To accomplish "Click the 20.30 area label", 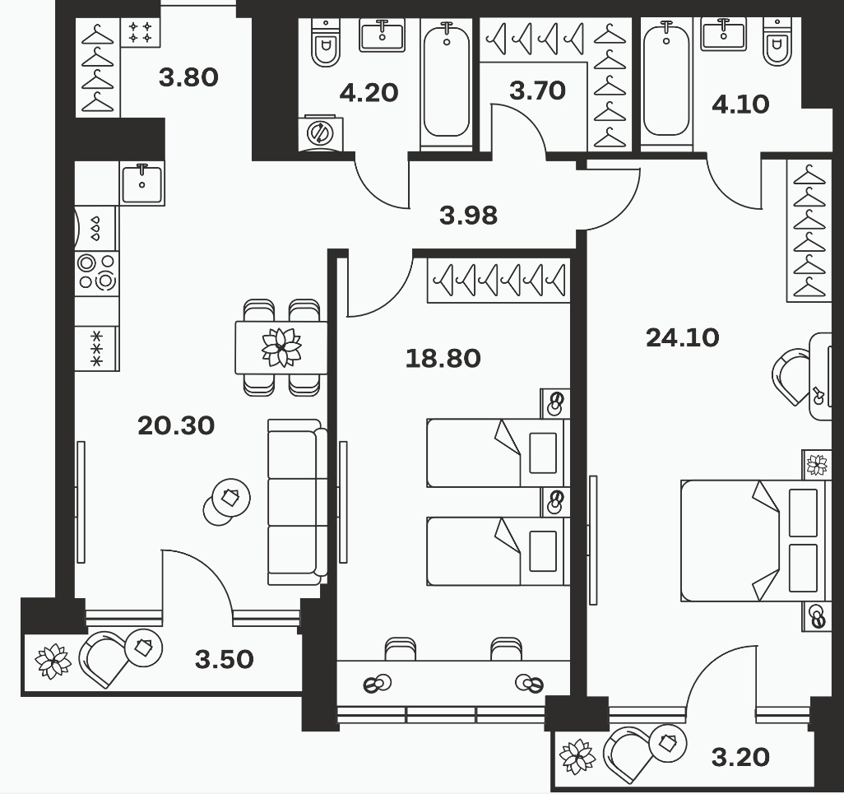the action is coord(176,426).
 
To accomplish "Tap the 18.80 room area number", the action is coord(443,359).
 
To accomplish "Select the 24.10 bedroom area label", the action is coord(683,338).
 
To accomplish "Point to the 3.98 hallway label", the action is coord(468,216).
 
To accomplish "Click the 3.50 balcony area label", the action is coord(224,659).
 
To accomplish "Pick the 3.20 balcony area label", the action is coord(740,758).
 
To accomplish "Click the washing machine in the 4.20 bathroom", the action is coord(320,132).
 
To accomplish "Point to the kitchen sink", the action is coord(141,184).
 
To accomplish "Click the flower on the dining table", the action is coord(281,347).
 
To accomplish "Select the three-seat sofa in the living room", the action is coord(297,502).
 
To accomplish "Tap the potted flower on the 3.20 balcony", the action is coord(577,756).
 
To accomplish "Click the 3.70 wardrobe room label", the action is coord(537,91).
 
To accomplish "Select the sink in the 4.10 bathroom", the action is coord(723,35).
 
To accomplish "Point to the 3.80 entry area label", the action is coord(188,77).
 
